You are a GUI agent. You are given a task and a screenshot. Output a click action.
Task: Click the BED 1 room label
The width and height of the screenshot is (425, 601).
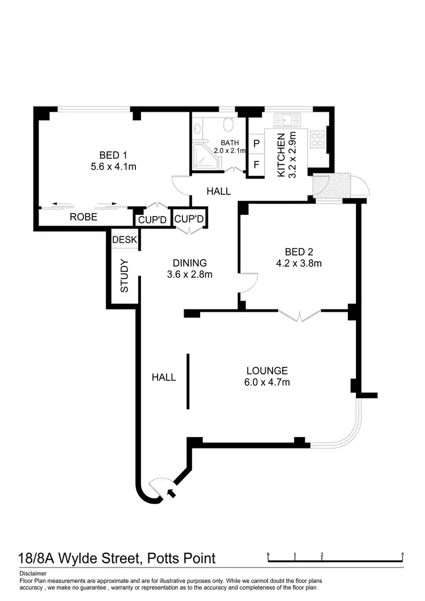[113, 155]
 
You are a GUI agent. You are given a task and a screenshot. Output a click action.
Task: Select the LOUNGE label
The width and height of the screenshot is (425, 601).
[270, 371]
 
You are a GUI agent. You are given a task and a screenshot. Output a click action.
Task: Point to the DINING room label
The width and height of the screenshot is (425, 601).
[190, 263]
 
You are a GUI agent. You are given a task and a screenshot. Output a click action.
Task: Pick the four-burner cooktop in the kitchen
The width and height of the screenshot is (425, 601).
[317, 138]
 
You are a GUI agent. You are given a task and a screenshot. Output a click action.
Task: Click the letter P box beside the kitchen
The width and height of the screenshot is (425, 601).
[256, 144]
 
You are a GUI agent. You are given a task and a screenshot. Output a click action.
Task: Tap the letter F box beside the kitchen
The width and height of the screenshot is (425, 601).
[256, 166]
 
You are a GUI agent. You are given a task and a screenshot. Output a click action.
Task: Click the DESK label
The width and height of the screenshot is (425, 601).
[124, 240]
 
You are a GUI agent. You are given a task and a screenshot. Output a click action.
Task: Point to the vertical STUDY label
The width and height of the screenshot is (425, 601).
[125, 276]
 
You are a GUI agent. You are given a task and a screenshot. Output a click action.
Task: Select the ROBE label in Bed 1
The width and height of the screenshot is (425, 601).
[83, 217]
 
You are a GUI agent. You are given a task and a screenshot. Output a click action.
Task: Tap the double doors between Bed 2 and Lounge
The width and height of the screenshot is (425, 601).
[300, 315]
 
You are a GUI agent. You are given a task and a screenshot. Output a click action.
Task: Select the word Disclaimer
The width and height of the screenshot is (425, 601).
[32, 573]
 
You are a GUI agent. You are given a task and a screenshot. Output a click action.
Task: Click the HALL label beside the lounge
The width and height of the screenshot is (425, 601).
[164, 377]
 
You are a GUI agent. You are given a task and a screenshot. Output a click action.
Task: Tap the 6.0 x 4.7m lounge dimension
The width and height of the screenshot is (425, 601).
[270, 382]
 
